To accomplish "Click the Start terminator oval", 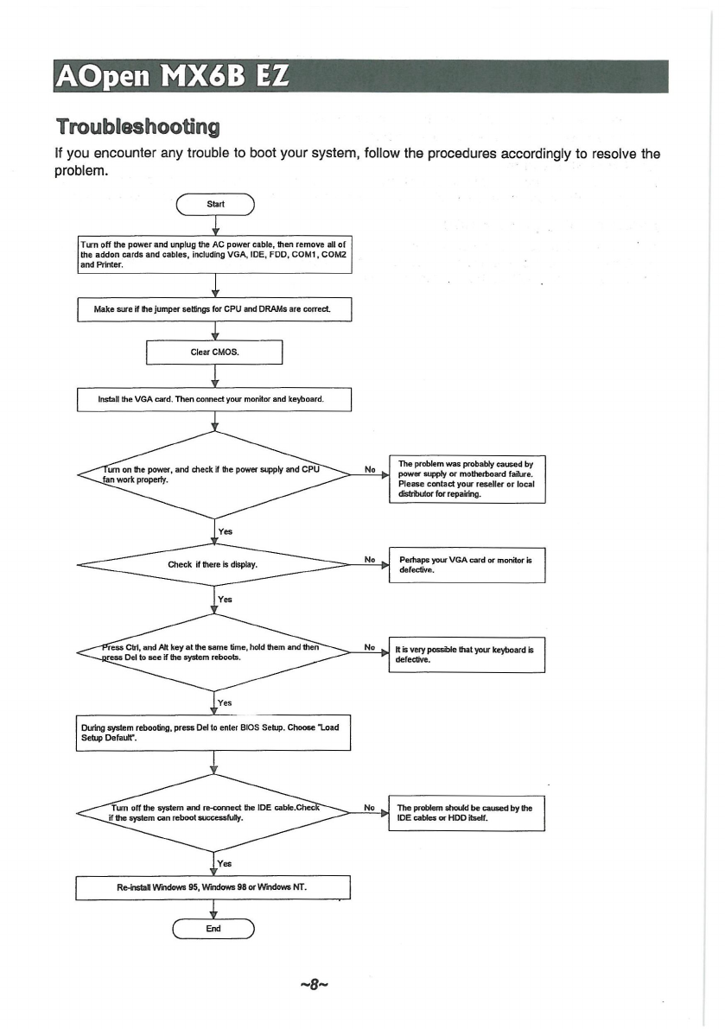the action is pyautogui.click(x=215, y=205).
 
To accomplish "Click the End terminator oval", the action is pyautogui.click(x=213, y=929).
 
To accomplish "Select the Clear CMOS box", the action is pyautogui.click(x=214, y=352).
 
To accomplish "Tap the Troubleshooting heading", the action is pyautogui.click(x=137, y=126).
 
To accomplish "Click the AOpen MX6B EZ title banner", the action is pyautogui.click(x=361, y=76).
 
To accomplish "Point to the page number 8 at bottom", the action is pyautogui.click(x=314, y=984).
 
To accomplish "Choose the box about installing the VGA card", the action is pyautogui.click(x=214, y=400).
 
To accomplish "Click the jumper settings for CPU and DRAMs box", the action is pyautogui.click(x=214, y=309).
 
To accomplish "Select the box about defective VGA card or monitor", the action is pyautogui.click(x=467, y=565).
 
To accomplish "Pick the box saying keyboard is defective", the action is pyautogui.click(x=467, y=654).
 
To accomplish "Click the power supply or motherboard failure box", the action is pyautogui.click(x=467, y=479).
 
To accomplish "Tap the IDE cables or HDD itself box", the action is pyautogui.click(x=467, y=813).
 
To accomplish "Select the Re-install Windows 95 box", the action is pyautogui.click(x=213, y=887).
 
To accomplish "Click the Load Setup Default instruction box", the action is pyautogui.click(x=213, y=733).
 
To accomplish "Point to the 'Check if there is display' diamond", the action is pyautogui.click(x=214, y=564).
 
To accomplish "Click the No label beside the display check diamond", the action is pyautogui.click(x=370, y=559).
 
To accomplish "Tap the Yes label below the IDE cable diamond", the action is pyautogui.click(x=225, y=864).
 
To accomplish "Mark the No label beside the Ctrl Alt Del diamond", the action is pyautogui.click(x=370, y=647).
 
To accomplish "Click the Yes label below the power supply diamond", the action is pyautogui.click(x=225, y=531).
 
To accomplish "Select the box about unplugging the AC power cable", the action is pyautogui.click(x=214, y=255).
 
